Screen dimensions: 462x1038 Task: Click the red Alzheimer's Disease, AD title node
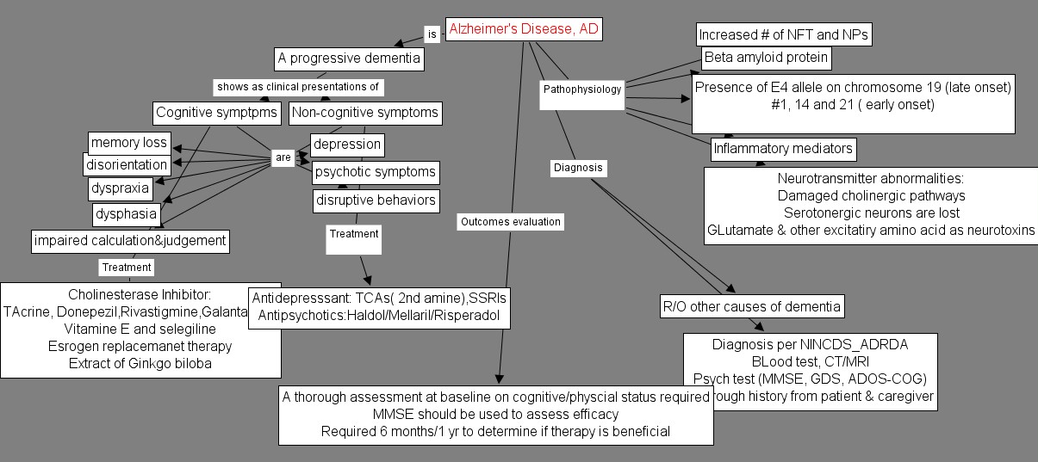tap(523, 29)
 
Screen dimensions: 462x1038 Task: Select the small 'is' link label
tap(432, 34)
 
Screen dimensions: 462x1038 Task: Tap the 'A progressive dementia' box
tap(349, 59)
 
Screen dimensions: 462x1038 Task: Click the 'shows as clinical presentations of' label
tap(298, 87)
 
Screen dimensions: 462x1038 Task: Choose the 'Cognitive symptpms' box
tap(216, 113)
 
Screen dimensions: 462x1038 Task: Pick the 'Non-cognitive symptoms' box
tap(364, 113)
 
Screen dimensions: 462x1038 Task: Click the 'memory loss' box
tap(129, 143)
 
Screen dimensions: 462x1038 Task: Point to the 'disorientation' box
tap(127, 164)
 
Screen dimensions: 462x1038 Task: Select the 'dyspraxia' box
tap(120, 188)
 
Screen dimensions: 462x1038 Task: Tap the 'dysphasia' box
tap(126, 213)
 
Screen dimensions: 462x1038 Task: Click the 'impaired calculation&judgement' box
tap(130, 241)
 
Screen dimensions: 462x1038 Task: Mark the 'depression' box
tap(346, 145)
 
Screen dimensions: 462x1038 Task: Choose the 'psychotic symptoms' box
tap(375, 172)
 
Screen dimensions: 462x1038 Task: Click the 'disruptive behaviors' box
tap(376, 201)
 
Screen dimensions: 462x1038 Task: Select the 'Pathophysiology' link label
tap(582, 89)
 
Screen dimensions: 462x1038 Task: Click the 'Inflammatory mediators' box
tap(783, 149)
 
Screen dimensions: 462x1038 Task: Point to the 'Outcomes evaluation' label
tap(510, 222)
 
